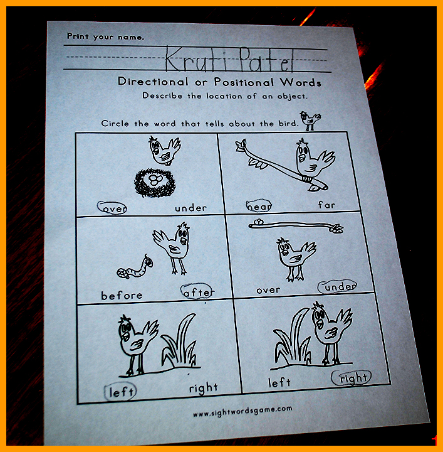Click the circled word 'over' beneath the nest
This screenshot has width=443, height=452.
[x=112, y=208]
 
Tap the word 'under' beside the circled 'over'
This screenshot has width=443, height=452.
[x=190, y=208]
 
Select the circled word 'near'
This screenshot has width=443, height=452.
[x=259, y=205]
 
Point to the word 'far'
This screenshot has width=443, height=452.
[x=327, y=205]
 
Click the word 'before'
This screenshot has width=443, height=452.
[x=122, y=296]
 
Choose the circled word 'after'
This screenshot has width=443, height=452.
[x=197, y=291]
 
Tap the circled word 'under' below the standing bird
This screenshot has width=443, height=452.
[x=338, y=286]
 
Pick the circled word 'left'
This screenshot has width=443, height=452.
[x=120, y=392]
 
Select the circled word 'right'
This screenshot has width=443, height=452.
[x=352, y=378]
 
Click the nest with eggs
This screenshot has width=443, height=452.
[x=155, y=183]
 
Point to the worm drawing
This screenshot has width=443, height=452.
[x=135, y=267]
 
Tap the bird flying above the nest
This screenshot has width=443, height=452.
[x=164, y=151]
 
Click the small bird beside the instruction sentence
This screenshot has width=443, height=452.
[x=310, y=121]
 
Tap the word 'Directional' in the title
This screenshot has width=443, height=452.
[x=153, y=81]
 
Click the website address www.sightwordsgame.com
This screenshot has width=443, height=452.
[x=242, y=411]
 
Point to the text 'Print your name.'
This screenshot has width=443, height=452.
[x=105, y=36]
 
